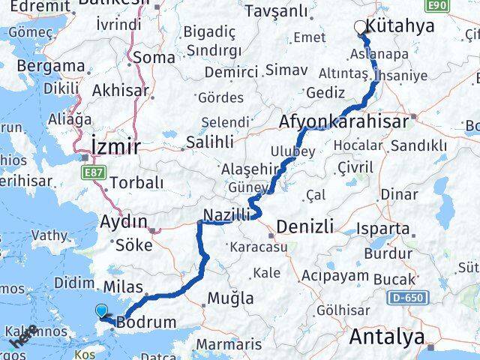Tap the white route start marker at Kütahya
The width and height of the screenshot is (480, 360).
click(361, 27)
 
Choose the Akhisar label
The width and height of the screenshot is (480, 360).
click(119, 91)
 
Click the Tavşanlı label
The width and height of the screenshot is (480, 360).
click(281, 10)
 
